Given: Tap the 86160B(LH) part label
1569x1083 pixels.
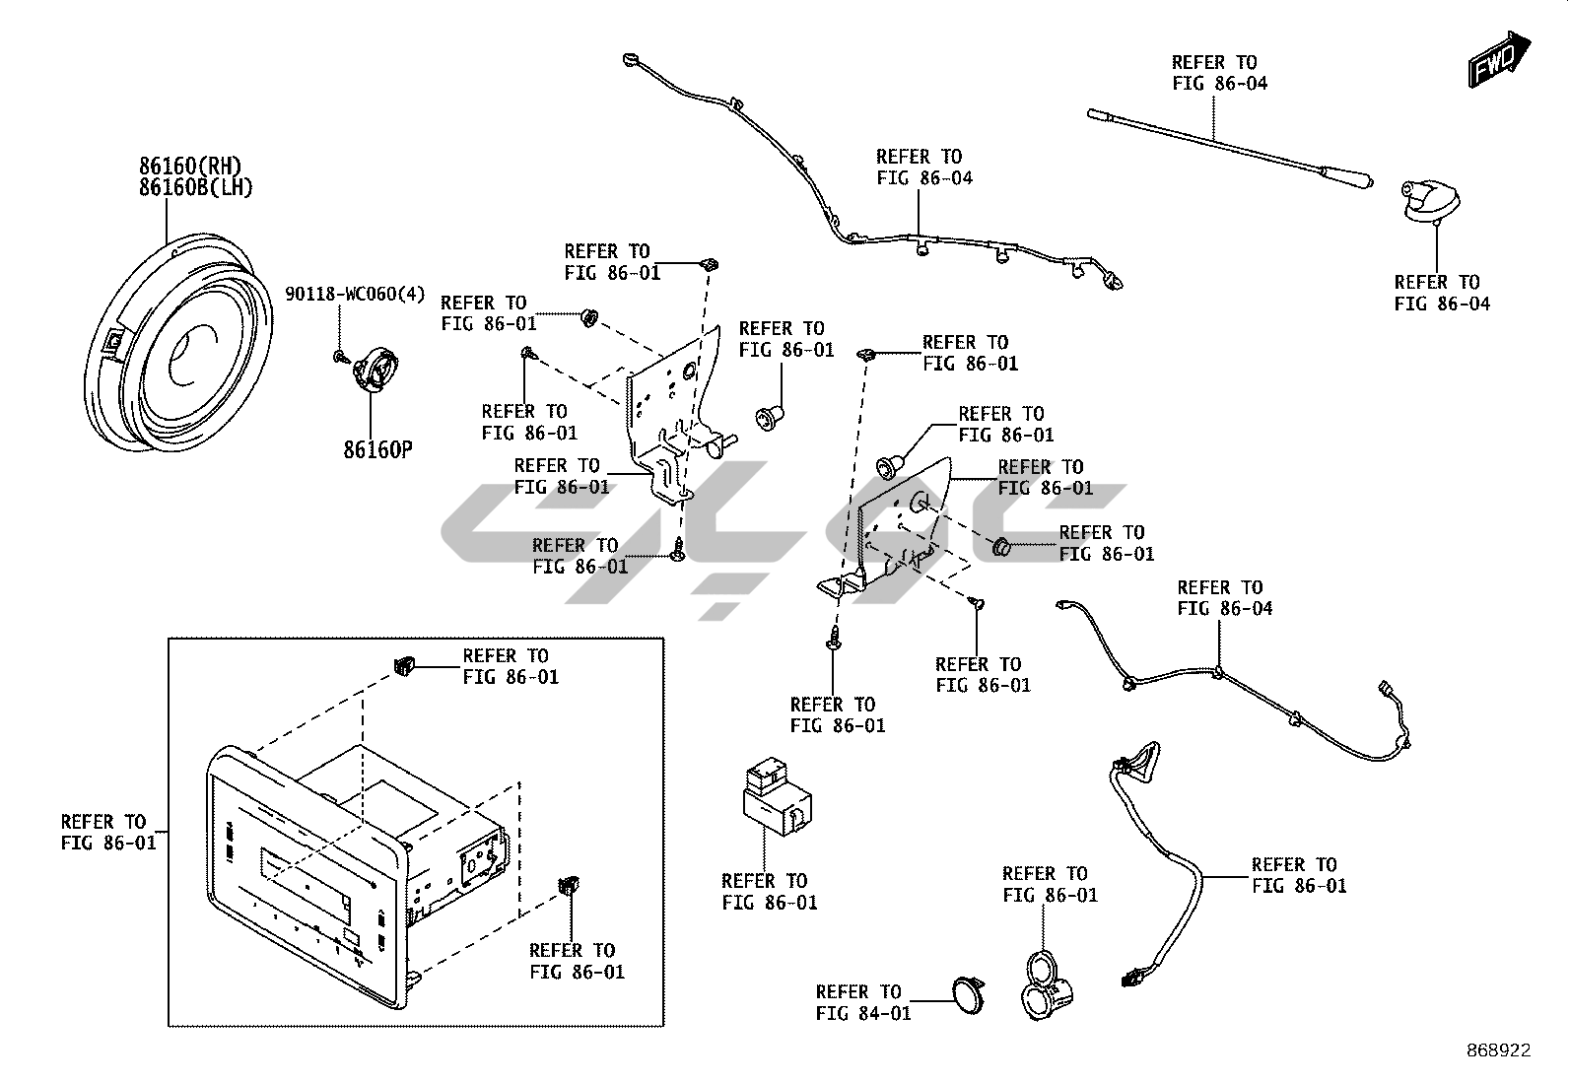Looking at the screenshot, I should coord(196,186).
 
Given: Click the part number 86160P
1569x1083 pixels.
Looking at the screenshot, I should coord(377,450).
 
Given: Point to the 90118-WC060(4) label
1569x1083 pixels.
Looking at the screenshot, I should coord(355,294).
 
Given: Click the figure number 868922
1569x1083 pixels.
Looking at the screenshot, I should coord(1496,1050).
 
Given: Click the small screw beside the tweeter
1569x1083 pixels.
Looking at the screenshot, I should coord(339,355).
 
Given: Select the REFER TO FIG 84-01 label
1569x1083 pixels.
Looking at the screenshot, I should coord(863,1002).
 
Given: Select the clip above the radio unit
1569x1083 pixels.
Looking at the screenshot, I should coord(403,666).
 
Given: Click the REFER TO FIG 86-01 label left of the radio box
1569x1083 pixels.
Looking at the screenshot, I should coord(108,833).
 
